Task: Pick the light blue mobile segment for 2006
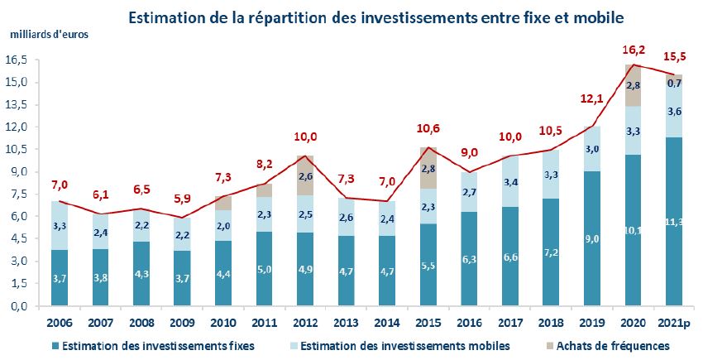[x=59, y=225]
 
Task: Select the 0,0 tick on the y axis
[x=20, y=306]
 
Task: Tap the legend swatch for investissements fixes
[x=56, y=345]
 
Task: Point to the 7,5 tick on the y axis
[x=20, y=194]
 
